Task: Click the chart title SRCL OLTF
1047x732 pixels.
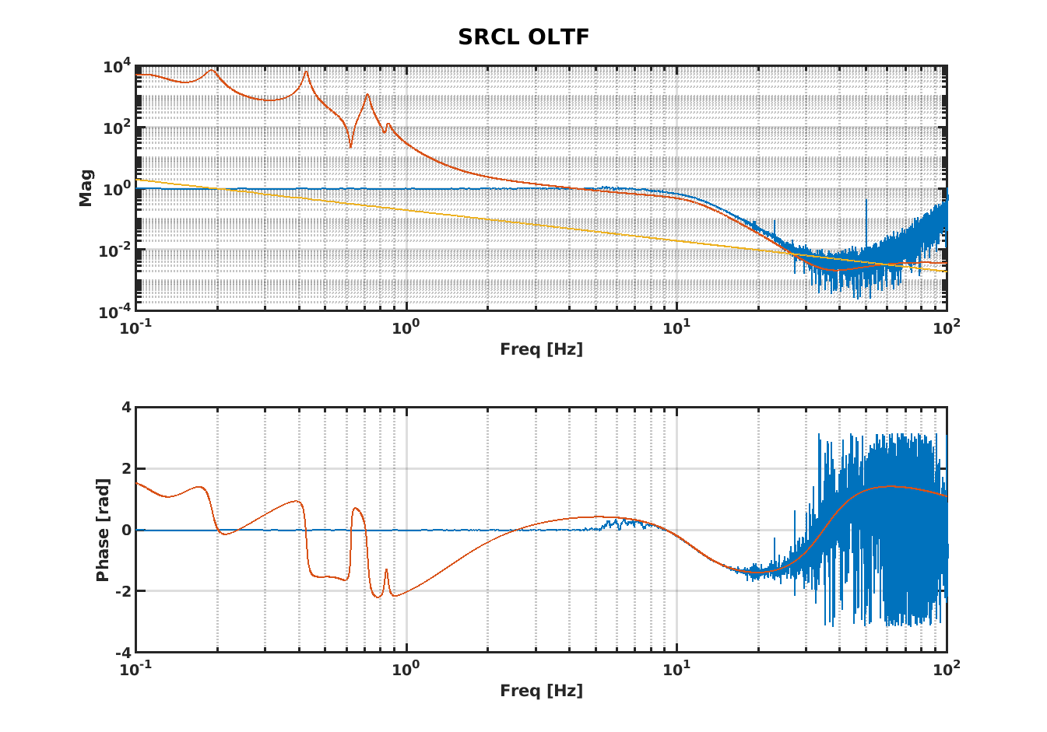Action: [523, 37]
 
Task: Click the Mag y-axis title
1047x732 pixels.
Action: [86, 187]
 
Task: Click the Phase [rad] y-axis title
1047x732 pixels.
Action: [102, 530]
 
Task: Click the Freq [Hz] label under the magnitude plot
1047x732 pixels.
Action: [541, 348]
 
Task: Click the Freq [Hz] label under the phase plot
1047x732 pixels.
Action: [541, 690]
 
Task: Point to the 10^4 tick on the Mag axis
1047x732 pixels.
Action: [118, 68]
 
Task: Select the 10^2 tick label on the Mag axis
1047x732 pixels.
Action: [118, 128]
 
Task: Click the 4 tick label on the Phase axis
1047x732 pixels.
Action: [125, 408]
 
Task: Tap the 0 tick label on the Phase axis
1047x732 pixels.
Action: [125, 531]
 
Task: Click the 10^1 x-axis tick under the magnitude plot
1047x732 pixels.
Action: [676, 327]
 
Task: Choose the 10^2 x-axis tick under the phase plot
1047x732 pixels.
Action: [946, 668]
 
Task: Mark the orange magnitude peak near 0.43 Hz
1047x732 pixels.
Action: [306, 72]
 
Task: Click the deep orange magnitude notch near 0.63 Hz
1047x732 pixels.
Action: [351, 146]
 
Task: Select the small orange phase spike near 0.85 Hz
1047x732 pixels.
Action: [386, 570]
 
